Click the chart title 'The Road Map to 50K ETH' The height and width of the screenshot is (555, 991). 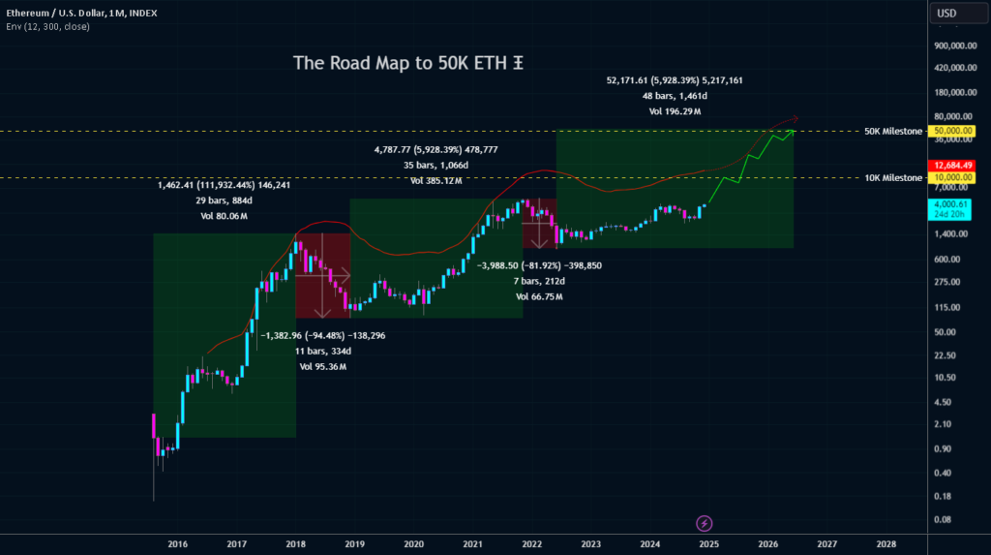pyautogui.click(x=407, y=64)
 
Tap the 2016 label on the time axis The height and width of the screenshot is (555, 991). pyautogui.click(x=177, y=544)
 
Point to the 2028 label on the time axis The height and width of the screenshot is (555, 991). pyautogui.click(x=886, y=544)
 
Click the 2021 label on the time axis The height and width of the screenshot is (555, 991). pyautogui.click(x=473, y=544)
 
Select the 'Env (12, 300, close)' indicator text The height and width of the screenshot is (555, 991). pyautogui.click(x=48, y=26)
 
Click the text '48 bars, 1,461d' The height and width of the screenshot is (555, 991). pyautogui.click(x=675, y=96)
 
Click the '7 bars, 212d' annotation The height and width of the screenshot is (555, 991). pyautogui.click(x=539, y=281)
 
